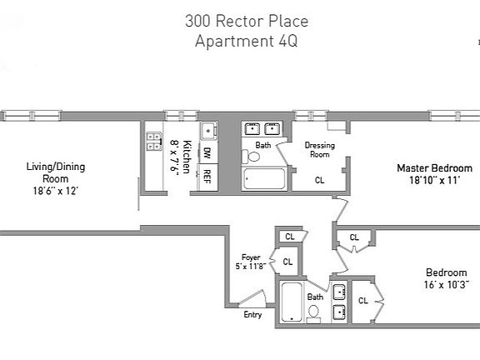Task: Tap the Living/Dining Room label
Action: coord(57,172)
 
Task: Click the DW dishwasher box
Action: coord(208,153)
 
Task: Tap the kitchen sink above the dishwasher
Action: coord(208,130)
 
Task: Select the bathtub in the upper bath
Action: coord(263,179)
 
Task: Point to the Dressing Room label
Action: coord(319,149)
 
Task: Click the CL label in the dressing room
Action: coord(319,179)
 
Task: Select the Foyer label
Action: coord(252,257)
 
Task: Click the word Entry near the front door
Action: coord(252,315)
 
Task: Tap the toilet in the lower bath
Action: coord(313,312)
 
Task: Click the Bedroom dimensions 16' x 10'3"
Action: coord(446,285)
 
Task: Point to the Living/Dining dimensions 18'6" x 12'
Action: coord(57,190)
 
